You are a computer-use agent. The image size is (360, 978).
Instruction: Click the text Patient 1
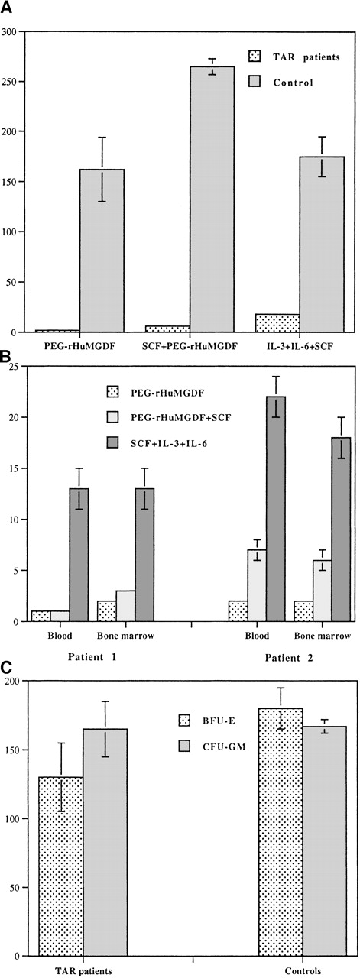click(x=82, y=656)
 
